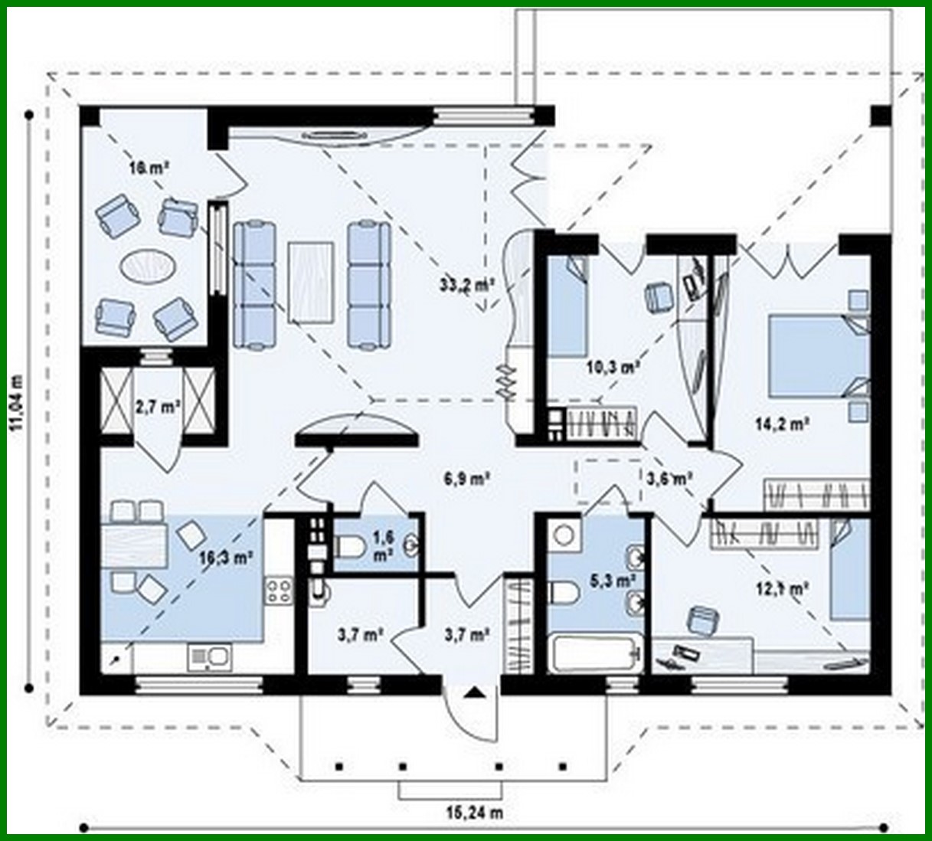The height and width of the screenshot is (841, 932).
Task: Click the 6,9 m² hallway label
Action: (x=466, y=479)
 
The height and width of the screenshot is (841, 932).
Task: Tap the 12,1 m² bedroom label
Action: (x=787, y=588)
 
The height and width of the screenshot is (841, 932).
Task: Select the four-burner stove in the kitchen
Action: (x=279, y=591)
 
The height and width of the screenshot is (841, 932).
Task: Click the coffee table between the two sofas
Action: (x=311, y=281)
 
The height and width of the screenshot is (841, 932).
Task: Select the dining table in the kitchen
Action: (x=135, y=544)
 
